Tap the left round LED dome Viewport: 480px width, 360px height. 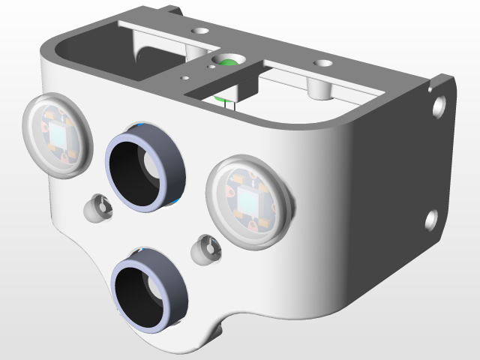click(x=56, y=136)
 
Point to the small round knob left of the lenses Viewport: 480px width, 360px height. click(x=97, y=208)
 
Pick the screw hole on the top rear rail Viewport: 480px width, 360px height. click(x=200, y=31)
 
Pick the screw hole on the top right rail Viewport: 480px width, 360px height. click(x=323, y=65)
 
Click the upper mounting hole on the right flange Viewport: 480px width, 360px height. click(x=439, y=105)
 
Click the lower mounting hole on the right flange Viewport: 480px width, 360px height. click(x=431, y=220)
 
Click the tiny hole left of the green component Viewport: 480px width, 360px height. click(x=184, y=77)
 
